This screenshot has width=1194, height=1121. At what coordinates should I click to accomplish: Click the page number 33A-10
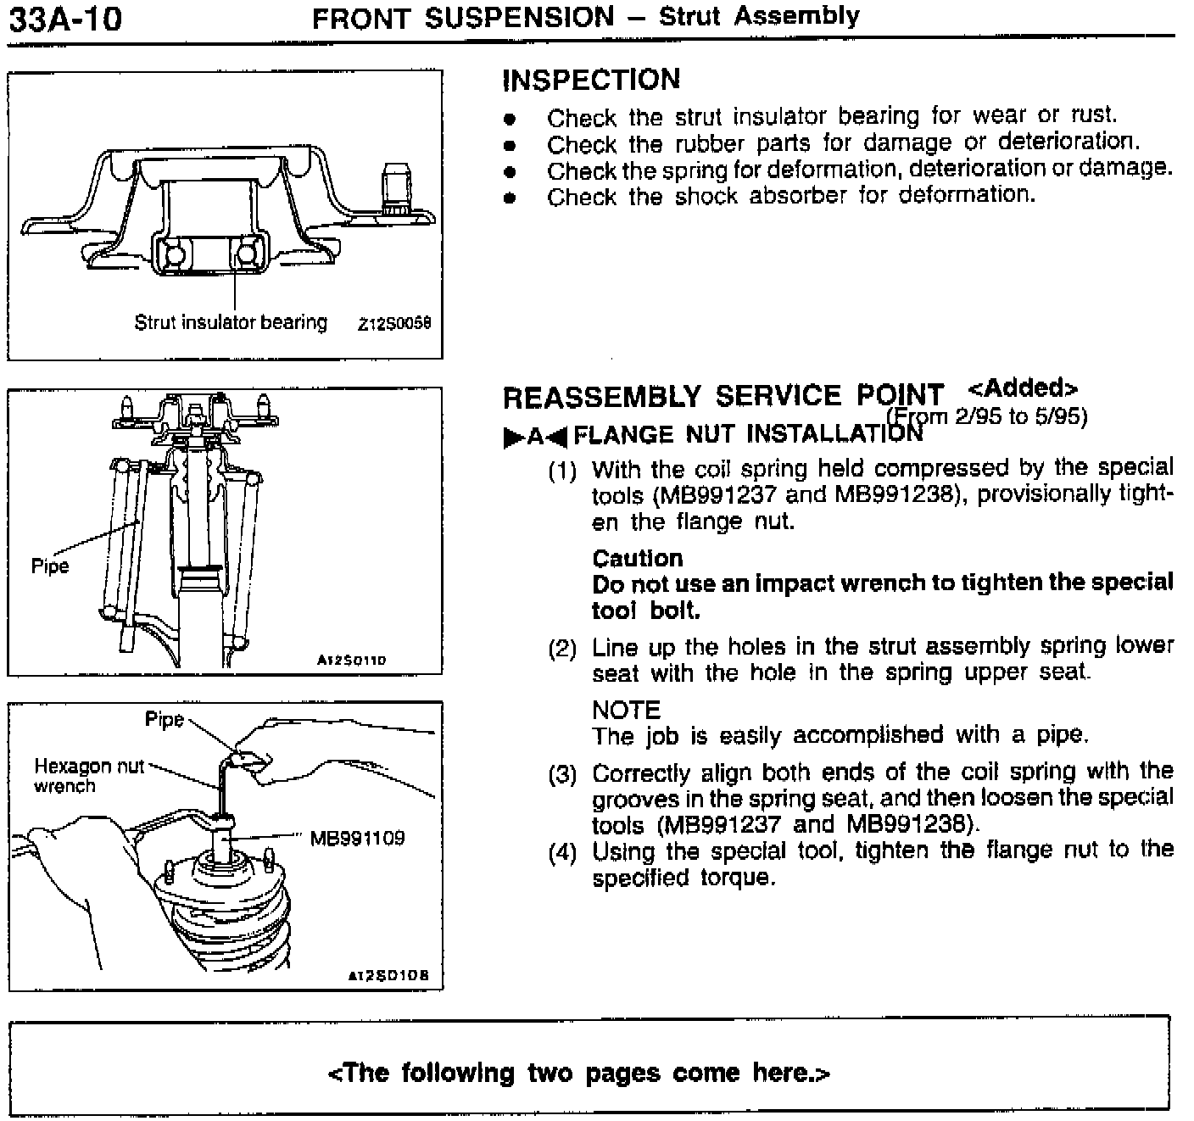click(x=64, y=18)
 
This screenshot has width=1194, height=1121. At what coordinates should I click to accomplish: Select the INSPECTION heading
click(x=591, y=80)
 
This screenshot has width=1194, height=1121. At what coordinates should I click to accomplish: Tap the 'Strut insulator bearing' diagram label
click(x=230, y=322)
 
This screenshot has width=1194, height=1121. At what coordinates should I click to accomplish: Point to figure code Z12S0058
click(x=394, y=324)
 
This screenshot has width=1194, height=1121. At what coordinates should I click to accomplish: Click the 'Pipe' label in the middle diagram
click(x=49, y=566)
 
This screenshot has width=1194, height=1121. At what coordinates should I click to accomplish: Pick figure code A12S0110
click(x=351, y=660)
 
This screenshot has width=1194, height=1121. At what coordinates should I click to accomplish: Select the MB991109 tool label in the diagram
click(x=357, y=839)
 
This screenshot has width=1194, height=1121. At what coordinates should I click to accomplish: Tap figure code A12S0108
click(x=389, y=976)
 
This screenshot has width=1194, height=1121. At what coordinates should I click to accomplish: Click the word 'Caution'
click(x=637, y=558)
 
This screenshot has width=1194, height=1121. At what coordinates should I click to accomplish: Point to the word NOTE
click(x=626, y=710)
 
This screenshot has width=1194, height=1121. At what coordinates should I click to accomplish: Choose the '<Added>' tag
click(x=1022, y=388)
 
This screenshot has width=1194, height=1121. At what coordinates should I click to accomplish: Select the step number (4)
click(x=562, y=852)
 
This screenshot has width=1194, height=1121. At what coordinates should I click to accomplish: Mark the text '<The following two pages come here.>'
click(x=578, y=1073)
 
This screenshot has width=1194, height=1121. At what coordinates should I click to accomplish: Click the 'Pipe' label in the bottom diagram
click(x=165, y=720)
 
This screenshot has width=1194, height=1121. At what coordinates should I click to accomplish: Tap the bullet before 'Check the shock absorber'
click(x=509, y=198)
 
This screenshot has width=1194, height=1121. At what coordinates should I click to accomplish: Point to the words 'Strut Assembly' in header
click(x=759, y=16)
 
